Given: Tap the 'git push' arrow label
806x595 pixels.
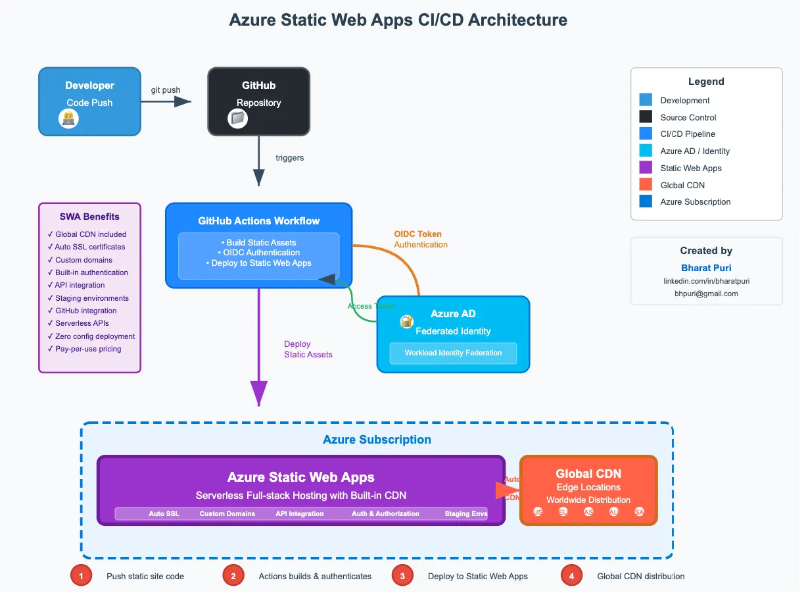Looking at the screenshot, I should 166,90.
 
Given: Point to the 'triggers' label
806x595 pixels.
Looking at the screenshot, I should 290,158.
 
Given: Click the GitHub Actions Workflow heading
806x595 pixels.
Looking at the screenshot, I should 259,221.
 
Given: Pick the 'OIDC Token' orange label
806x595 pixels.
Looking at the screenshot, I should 417,234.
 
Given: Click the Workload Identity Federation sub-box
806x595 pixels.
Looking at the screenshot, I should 453,353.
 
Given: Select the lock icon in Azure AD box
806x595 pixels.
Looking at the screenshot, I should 407,322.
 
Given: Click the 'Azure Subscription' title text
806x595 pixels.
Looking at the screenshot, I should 377,440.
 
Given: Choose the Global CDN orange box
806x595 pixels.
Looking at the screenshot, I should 588,490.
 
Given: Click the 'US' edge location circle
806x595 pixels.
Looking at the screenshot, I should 538,512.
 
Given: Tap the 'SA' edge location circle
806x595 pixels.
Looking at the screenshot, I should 639,512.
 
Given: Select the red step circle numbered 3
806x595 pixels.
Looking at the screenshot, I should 402,576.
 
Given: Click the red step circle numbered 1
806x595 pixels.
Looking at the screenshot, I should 81,576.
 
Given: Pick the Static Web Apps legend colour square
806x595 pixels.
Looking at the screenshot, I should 646,168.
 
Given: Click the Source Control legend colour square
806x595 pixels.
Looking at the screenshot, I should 646,117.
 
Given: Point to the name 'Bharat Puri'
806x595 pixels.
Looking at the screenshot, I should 706,268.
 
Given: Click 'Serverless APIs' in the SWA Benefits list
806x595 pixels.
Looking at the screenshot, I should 82,323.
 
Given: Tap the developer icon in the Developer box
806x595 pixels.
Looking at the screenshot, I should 68,118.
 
